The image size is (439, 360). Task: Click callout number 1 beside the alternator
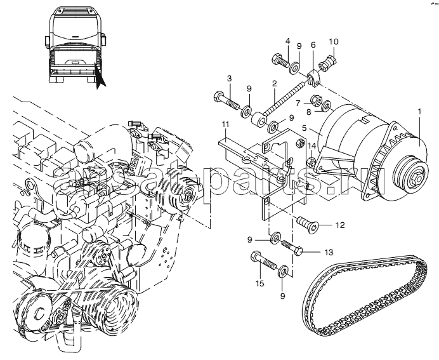pyautogui.click(x=419, y=112)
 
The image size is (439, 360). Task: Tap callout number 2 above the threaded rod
pyautogui.click(x=274, y=84)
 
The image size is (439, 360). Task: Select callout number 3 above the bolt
pyautogui.click(x=229, y=78)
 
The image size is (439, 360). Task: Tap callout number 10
pyautogui.click(x=305, y=102)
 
